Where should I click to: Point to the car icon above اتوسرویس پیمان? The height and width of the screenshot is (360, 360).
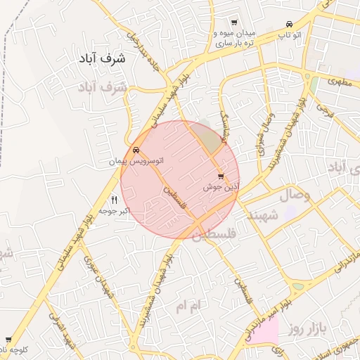click(x=135, y=150)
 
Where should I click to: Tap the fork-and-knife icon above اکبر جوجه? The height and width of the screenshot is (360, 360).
click(x=115, y=200)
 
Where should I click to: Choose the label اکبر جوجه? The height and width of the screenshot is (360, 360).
click(x=115, y=210)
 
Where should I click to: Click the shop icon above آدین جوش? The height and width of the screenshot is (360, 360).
click(x=221, y=176)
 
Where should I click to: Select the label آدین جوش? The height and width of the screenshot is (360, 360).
click(x=221, y=187)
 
